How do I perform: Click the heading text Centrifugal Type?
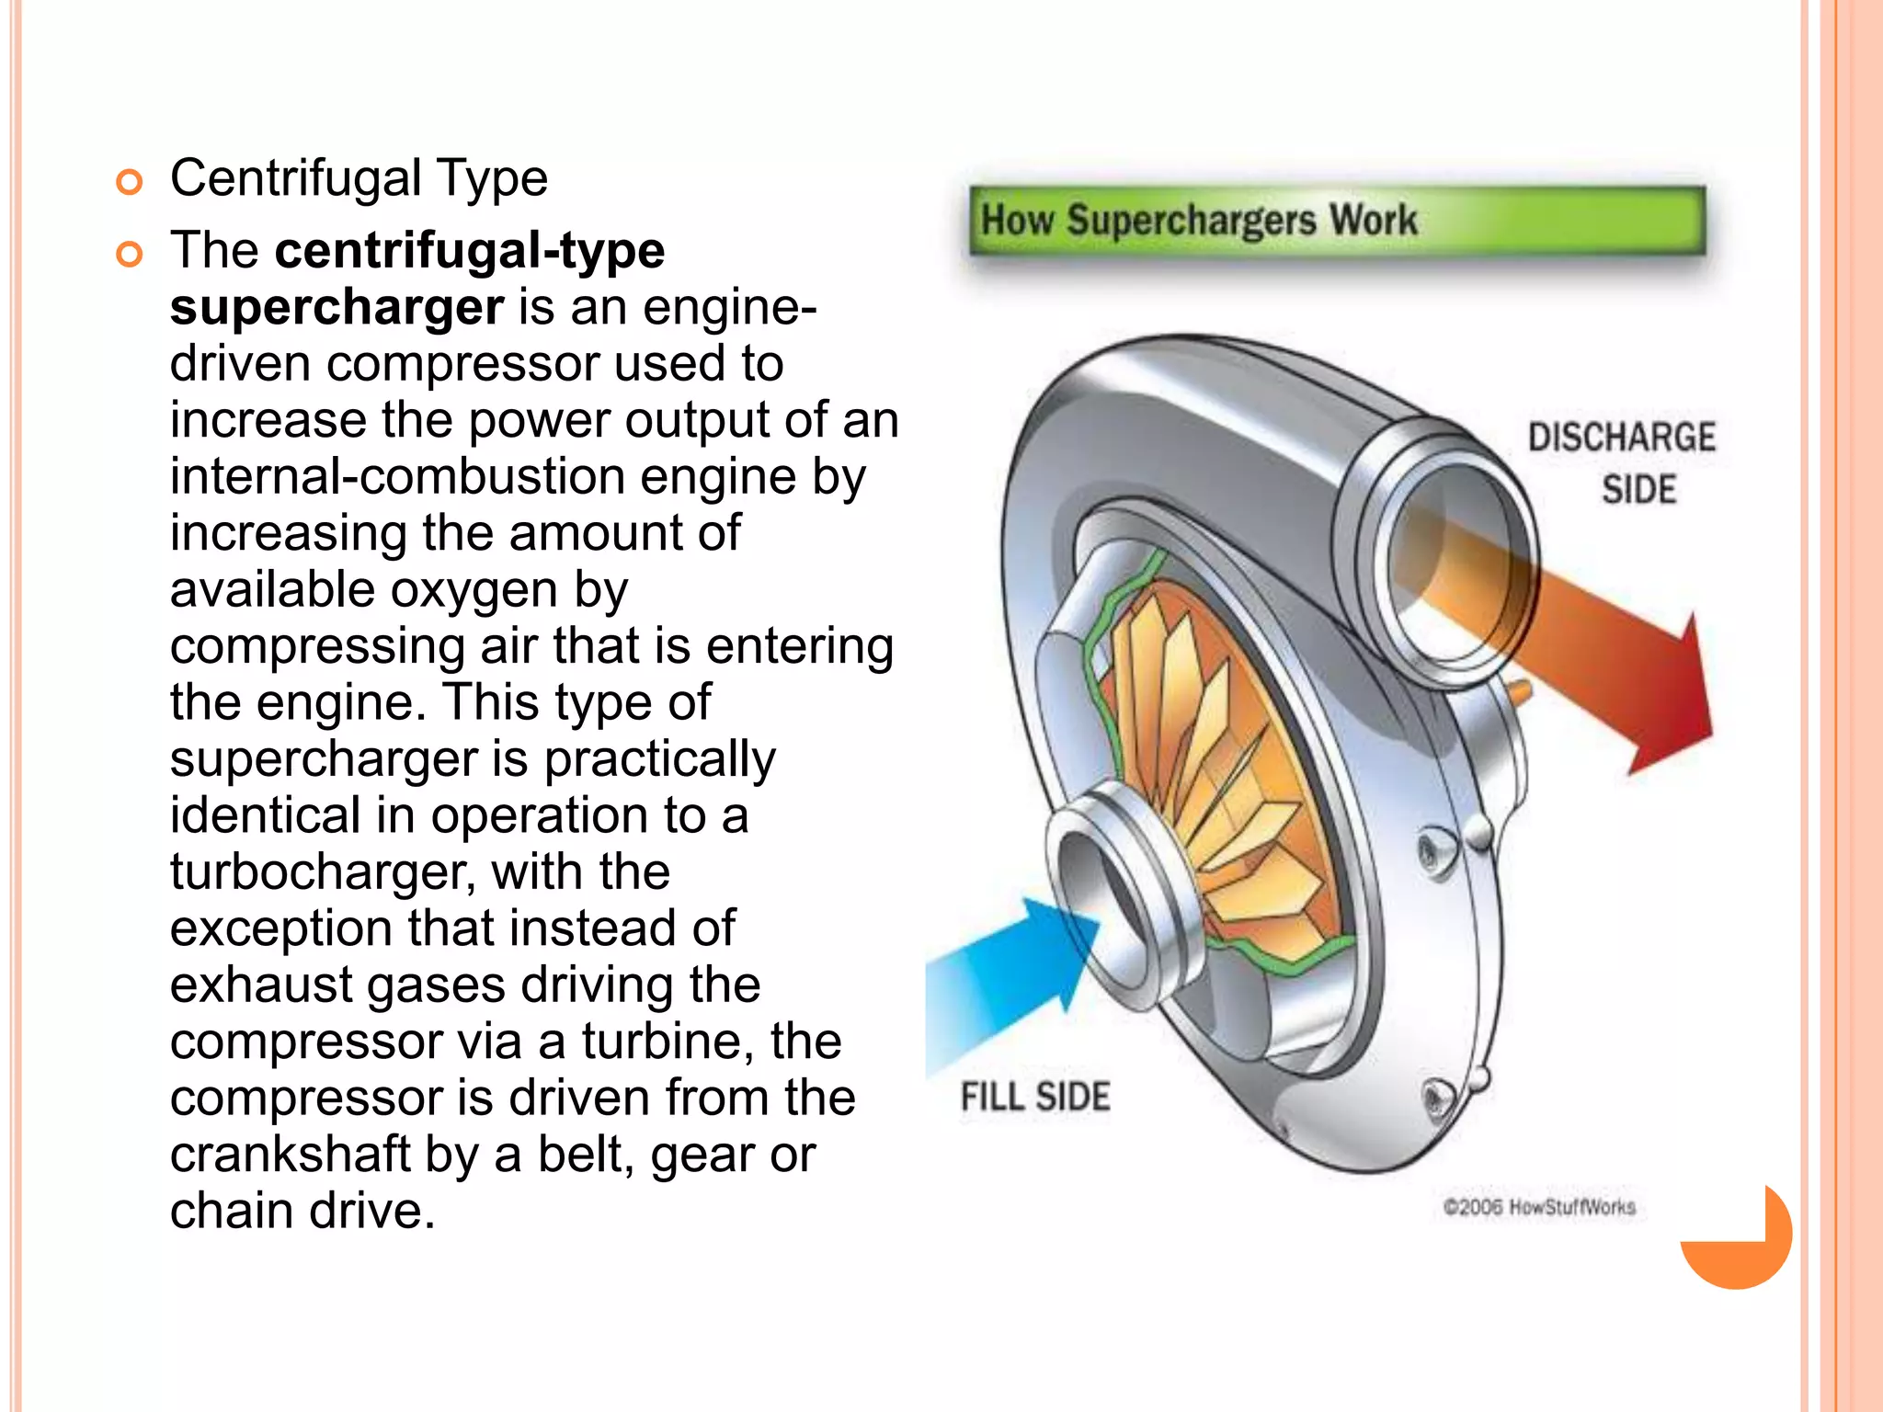click(x=359, y=178)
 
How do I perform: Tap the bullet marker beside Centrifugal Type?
click(x=130, y=182)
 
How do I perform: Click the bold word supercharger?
click(x=337, y=307)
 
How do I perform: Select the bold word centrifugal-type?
click(x=470, y=251)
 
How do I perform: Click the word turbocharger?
click(x=322, y=872)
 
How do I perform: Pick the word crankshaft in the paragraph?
click(x=290, y=1155)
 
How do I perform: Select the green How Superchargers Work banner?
click(x=1337, y=221)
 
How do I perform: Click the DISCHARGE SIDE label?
click(x=1621, y=462)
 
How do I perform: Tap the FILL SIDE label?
click(x=1035, y=1097)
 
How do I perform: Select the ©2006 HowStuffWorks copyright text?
click(x=1539, y=1207)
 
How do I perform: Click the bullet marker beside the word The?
click(x=130, y=254)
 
